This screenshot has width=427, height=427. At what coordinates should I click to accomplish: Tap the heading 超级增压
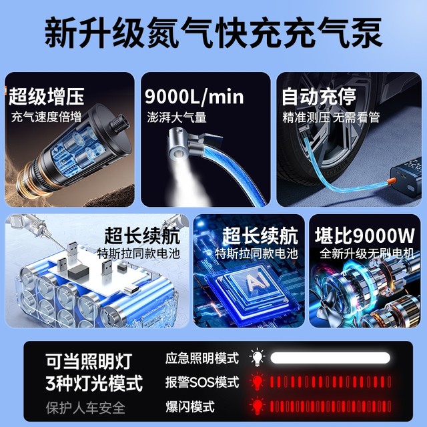point(47,97)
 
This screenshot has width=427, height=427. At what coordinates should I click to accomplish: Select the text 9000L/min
point(194,97)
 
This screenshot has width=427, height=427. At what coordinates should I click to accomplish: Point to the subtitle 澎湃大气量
point(177,118)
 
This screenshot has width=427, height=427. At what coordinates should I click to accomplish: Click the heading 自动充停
point(318,97)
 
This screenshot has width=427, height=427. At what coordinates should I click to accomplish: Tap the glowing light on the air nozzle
point(179,155)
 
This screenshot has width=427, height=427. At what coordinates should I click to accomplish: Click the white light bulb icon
point(256,358)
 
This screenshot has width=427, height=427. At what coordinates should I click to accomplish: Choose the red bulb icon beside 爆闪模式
point(256,405)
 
